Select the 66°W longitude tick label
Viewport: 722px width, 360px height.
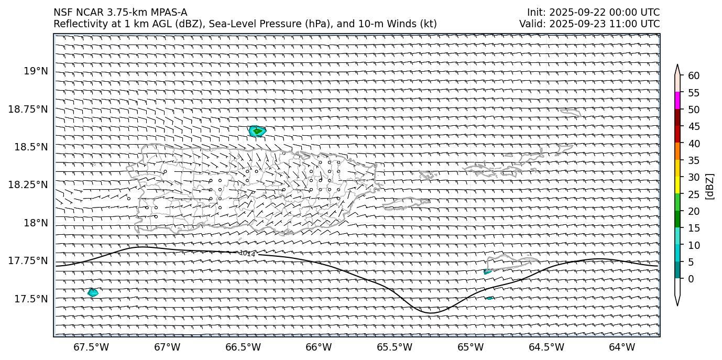319,347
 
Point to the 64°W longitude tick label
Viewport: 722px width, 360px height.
622,347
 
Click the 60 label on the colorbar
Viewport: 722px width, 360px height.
694,76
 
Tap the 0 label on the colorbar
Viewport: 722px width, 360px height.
691,279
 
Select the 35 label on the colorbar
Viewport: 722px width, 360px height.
694,160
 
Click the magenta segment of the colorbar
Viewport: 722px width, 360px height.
677,101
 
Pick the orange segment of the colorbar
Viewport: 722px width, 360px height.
677,151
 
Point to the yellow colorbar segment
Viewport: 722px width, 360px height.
677,185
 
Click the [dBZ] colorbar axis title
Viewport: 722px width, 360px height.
710,186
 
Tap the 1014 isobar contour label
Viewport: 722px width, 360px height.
247,254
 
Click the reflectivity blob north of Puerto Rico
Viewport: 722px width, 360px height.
257,131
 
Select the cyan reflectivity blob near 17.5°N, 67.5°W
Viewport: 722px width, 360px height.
93,292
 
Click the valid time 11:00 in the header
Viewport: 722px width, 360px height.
627,24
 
